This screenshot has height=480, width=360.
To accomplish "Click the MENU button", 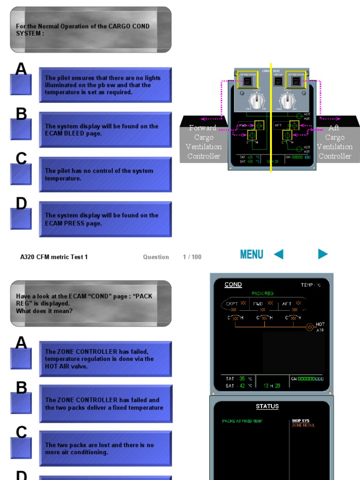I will (x=251, y=255).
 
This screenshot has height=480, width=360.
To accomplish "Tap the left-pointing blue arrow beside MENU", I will (x=278, y=254).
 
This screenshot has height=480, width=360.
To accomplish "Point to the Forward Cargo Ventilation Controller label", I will (x=203, y=142).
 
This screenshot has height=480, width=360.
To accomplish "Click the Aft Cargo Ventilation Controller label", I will (x=334, y=142).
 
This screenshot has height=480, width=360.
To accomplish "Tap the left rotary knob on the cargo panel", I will (x=256, y=101).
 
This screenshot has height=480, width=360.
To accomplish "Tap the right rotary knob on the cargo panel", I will (x=286, y=101).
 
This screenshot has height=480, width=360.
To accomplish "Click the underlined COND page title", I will (x=233, y=285).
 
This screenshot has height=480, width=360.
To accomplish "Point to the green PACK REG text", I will (x=262, y=293).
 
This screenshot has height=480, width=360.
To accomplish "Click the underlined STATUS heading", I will (x=267, y=406).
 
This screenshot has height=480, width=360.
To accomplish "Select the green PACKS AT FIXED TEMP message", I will (x=242, y=421).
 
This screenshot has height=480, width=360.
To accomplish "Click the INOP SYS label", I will (x=300, y=421).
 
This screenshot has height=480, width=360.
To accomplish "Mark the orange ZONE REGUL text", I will (x=303, y=426).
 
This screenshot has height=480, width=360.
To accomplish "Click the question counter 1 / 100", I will (x=192, y=257).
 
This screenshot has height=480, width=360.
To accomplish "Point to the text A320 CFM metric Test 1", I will (x=54, y=257).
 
